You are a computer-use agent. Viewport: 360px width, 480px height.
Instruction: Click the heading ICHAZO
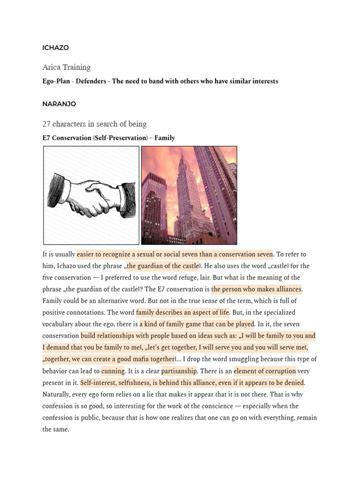[55, 48]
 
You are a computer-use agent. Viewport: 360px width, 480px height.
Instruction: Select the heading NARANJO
[59, 104]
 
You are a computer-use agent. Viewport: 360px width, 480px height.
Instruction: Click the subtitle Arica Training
[66, 67]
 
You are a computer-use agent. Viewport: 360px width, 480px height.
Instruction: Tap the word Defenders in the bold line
[91, 81]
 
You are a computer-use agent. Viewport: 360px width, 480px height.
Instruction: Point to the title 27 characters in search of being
[94, 124]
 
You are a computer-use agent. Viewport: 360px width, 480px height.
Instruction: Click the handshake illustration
[91, 195]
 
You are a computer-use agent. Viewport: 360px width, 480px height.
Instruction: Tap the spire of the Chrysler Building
[182, 162]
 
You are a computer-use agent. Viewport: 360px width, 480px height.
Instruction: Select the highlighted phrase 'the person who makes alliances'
[256, 289]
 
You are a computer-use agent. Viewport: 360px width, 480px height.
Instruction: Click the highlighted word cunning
[113, 371]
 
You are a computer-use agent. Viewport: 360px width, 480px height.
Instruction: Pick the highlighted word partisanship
[179, 371]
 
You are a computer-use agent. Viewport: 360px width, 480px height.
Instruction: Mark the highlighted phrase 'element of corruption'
[264, 371]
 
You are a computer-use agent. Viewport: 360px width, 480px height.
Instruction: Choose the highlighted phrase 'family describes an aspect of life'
[182, 313]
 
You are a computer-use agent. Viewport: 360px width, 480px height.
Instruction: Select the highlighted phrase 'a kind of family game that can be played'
[197, 324]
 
